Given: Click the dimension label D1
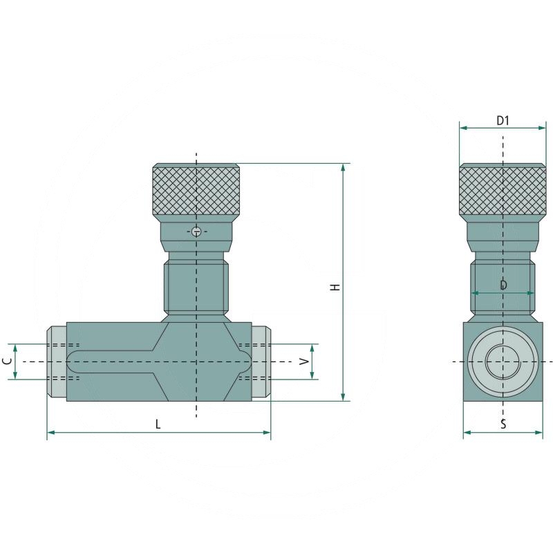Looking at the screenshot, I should [503, 120].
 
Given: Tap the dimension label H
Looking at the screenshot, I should [335, 286].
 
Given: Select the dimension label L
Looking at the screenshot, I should [158, 424].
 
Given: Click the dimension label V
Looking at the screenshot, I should [302, 362].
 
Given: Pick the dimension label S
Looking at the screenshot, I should [503, 424].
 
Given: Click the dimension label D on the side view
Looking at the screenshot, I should [503, 285].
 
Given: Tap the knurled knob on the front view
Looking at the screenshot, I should [196, 190].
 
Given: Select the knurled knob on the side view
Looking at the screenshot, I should [503, 190].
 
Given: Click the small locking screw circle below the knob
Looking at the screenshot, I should [197, 231].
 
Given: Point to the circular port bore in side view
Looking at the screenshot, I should [503, 362].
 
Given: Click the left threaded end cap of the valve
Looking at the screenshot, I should [57, 362].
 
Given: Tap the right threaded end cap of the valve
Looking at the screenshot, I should [261, 362].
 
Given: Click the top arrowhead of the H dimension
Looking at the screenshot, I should [343, 168].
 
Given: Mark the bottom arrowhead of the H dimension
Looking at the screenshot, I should [343, 396].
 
